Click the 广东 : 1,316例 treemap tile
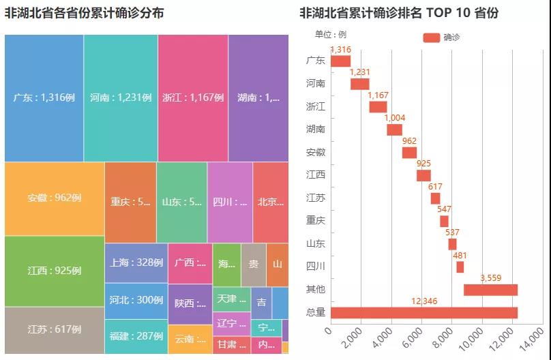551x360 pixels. [44, 97]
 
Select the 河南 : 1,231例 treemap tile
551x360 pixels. [121, 97]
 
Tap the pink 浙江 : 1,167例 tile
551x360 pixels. [193, 97]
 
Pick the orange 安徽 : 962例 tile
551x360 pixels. [55, 198]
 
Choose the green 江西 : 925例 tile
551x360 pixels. [55, 271]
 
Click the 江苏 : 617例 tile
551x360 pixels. [55, 329]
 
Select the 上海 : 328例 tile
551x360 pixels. [136, 262]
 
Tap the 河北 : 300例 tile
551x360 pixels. [136, 300]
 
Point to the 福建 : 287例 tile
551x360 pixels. [136, 336]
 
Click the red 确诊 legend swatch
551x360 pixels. [431, 37]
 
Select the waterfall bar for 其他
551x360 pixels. [490, 290]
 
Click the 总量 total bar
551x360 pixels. [424, 312]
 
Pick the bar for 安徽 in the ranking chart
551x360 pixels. [409, 152]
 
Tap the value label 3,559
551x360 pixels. [491, 278]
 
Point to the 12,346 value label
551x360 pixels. [424, 301]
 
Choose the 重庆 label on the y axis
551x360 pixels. [316, 220]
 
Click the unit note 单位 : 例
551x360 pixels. [331, 34]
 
